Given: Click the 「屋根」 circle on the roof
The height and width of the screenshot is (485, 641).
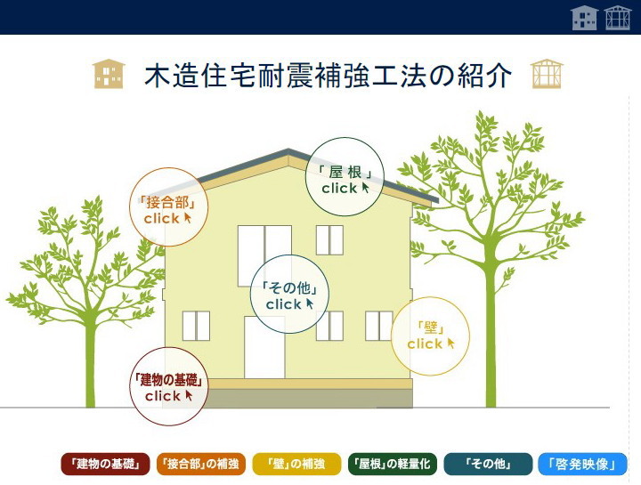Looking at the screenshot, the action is pyautogui.click(x=345, y=177).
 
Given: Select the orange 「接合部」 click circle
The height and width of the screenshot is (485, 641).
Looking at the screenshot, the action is pyautogui.click(x=169, y=207).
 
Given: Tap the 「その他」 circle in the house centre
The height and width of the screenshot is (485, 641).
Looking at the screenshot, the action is pyautogui.click(x=290, y=295).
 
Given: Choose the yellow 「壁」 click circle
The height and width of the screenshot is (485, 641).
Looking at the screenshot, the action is pyautogui.click(x=431, y=336).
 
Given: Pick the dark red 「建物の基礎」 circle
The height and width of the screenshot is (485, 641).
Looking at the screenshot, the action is pyautogui.click(x=169, y=386).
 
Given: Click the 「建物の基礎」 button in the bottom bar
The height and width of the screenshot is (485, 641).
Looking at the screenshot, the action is pyautogui.click(x=105, y=465).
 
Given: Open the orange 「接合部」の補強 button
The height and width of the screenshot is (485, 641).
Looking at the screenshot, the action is pyautogui.click(x=201, y=465).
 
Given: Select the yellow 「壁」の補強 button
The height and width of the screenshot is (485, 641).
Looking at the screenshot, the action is pyautogui.click(x=296, y=465).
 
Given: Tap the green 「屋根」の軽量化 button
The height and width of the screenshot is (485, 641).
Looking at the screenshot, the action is pyautogui.click(x=393, y=465).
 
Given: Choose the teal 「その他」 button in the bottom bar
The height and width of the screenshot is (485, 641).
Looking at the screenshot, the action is pyautogui.click(x=488, y=465).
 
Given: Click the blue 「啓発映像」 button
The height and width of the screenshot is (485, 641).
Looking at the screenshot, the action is pyautogui.click(x=582, y=465).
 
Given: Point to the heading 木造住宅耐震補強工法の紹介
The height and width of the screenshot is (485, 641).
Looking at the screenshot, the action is pyautogui.click(x=328, y=75).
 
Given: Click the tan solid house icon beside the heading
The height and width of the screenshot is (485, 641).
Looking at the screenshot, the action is pyautogui.click(x=109, y=74).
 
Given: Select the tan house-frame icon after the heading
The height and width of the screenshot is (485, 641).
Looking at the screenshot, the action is pyautogui.click(x=547, y=74).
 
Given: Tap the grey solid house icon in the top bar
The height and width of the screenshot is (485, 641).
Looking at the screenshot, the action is pyautogui.click(x=585, y=18).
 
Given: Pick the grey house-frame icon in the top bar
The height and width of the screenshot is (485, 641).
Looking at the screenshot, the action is pyautogui.click(x=618, y=18).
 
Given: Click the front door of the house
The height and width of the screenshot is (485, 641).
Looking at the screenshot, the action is pyautogui.click(x=264, y=347).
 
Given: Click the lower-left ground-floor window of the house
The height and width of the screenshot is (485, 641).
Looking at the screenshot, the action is pyautogui.click(x=196, y=326).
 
